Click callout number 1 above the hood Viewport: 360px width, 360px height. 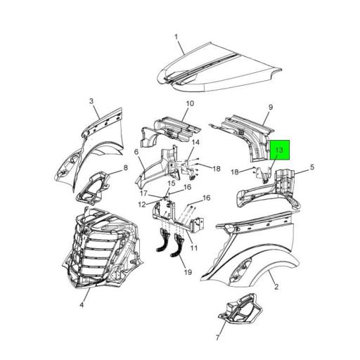point(176,37)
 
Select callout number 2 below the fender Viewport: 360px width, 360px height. point(276,287)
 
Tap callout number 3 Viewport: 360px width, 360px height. point(91,101)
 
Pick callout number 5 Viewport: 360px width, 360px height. point(313,167)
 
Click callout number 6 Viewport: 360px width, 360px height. point(136,152)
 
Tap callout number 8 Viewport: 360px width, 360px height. point(126,167)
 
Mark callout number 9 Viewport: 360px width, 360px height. point(269,108)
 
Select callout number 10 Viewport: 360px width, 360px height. point(189,104)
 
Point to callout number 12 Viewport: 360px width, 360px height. point(141,204)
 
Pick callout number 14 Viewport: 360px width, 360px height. point(188,144)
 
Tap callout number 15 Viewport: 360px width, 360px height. point(171,184)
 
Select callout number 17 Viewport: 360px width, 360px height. point(142,193)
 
